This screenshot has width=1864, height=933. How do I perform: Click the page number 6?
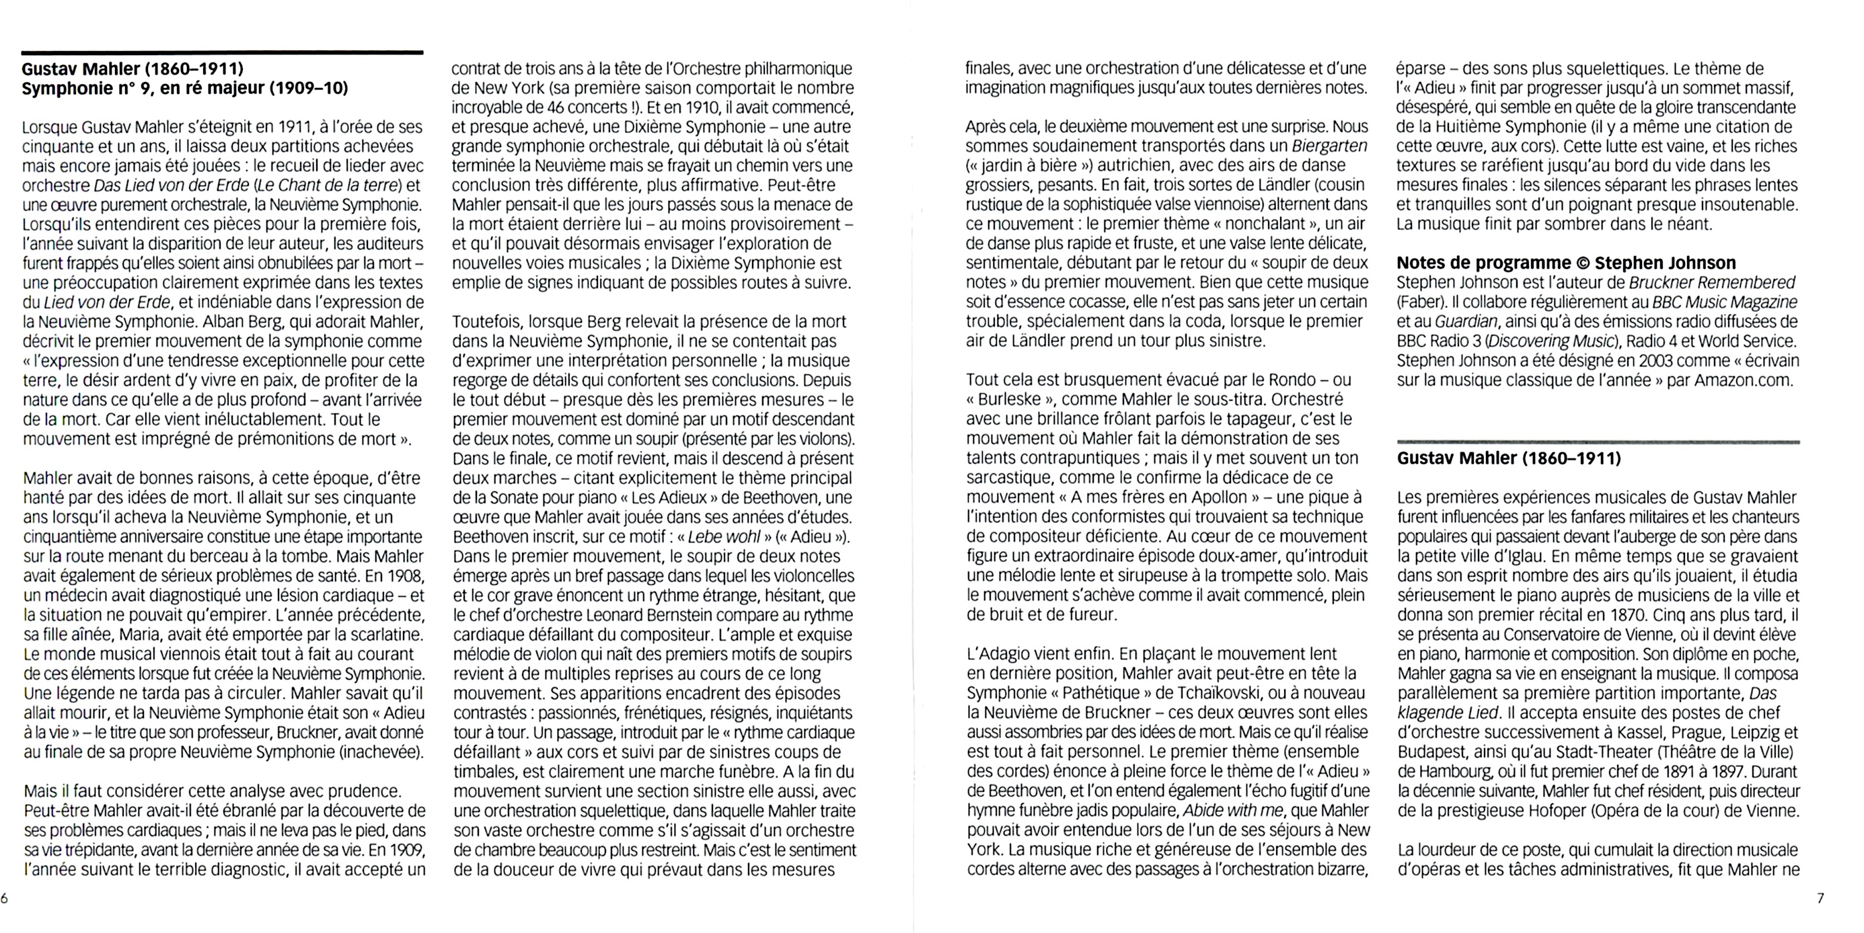pos(4,899)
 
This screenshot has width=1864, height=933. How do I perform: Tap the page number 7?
pos(1820,899)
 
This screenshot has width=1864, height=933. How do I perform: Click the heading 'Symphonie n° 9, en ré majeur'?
pos(184,88)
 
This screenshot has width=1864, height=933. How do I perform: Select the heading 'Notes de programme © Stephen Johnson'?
pos(1566,263)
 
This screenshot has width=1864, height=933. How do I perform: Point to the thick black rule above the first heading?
pos(222,52)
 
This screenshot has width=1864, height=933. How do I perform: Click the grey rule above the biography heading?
pos(1598,441)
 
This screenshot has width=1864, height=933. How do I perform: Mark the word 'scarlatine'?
pos(383,635)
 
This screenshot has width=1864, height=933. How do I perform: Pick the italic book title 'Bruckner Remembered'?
pos(1712,282)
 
